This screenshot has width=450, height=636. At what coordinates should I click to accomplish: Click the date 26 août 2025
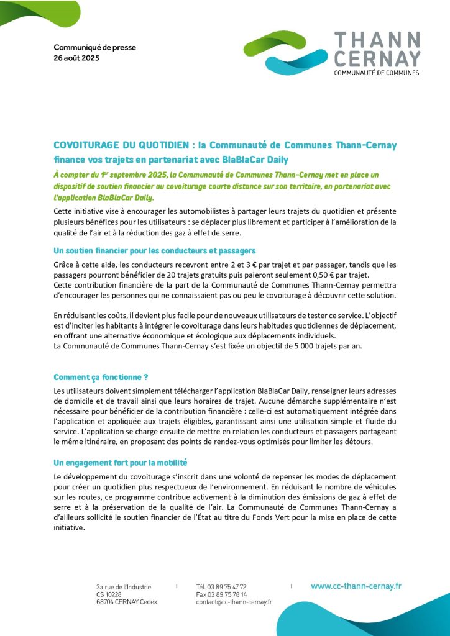click(76, 58)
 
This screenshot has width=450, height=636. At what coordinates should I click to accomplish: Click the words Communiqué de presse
click(94, 47)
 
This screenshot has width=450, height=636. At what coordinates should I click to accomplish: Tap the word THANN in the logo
click(377, 41)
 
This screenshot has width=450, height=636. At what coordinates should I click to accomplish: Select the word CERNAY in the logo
click(377, 59)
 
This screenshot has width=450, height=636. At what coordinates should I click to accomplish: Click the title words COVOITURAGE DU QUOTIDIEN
click(122, 145)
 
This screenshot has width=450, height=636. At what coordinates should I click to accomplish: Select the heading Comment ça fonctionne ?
click(101, 376)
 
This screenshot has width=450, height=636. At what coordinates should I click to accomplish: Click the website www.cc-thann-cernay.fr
click(356, 586)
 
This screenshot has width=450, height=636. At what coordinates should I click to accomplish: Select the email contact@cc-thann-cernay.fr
click(234, 602)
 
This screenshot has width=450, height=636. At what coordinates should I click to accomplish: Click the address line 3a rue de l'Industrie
click(124, 587)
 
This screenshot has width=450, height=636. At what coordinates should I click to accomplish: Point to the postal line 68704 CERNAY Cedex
click(127, 602)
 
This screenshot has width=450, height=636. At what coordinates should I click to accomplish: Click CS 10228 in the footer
click(109, 594)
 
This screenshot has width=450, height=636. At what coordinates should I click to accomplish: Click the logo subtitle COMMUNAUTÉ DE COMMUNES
click(377, 73)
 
